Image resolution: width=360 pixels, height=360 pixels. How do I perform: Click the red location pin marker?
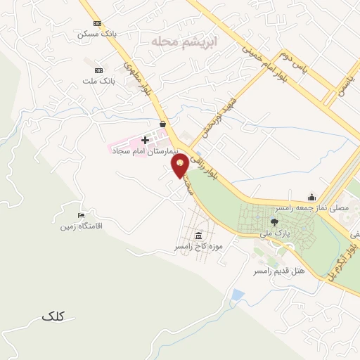(x=181, y=166)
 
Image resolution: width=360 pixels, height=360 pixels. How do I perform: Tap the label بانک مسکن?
(x=97, y=34)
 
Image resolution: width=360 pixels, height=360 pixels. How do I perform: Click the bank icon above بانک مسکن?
(x=97, y=23)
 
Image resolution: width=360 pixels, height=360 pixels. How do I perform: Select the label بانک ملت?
(x=98, y=81)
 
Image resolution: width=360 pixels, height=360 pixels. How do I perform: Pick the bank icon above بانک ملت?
(x=98, y=70)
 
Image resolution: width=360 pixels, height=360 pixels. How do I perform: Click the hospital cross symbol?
(x=146, y=141)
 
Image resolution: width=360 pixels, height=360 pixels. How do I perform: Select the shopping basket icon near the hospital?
(x=162, y=124)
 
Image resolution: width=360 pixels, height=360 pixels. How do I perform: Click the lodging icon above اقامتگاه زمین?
(x=82, y=215)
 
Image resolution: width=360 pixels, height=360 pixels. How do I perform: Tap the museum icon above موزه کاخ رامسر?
(x=199, y=236)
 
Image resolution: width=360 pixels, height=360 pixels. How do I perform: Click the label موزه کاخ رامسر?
(x=199, y=247)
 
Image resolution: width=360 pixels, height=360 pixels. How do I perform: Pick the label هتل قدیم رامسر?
(x=280, y=271)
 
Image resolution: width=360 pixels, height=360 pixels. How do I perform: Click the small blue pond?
(x=238, y=294)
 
